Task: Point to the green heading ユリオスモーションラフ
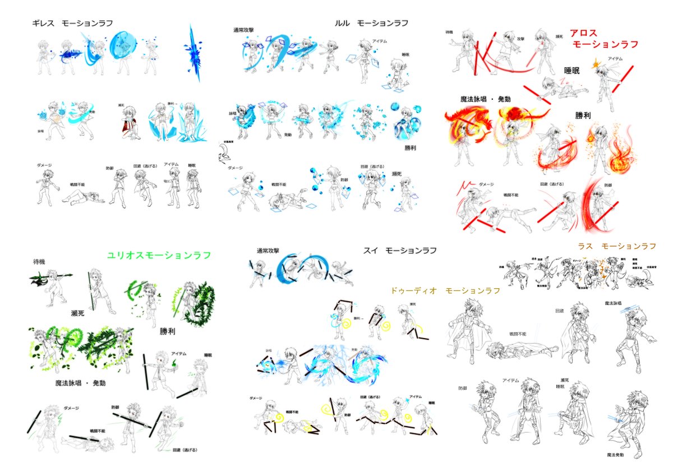[159, 255]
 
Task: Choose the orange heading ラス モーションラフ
[617, 246]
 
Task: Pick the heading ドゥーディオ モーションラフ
[445, 291]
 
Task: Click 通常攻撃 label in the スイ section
[268, 250]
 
